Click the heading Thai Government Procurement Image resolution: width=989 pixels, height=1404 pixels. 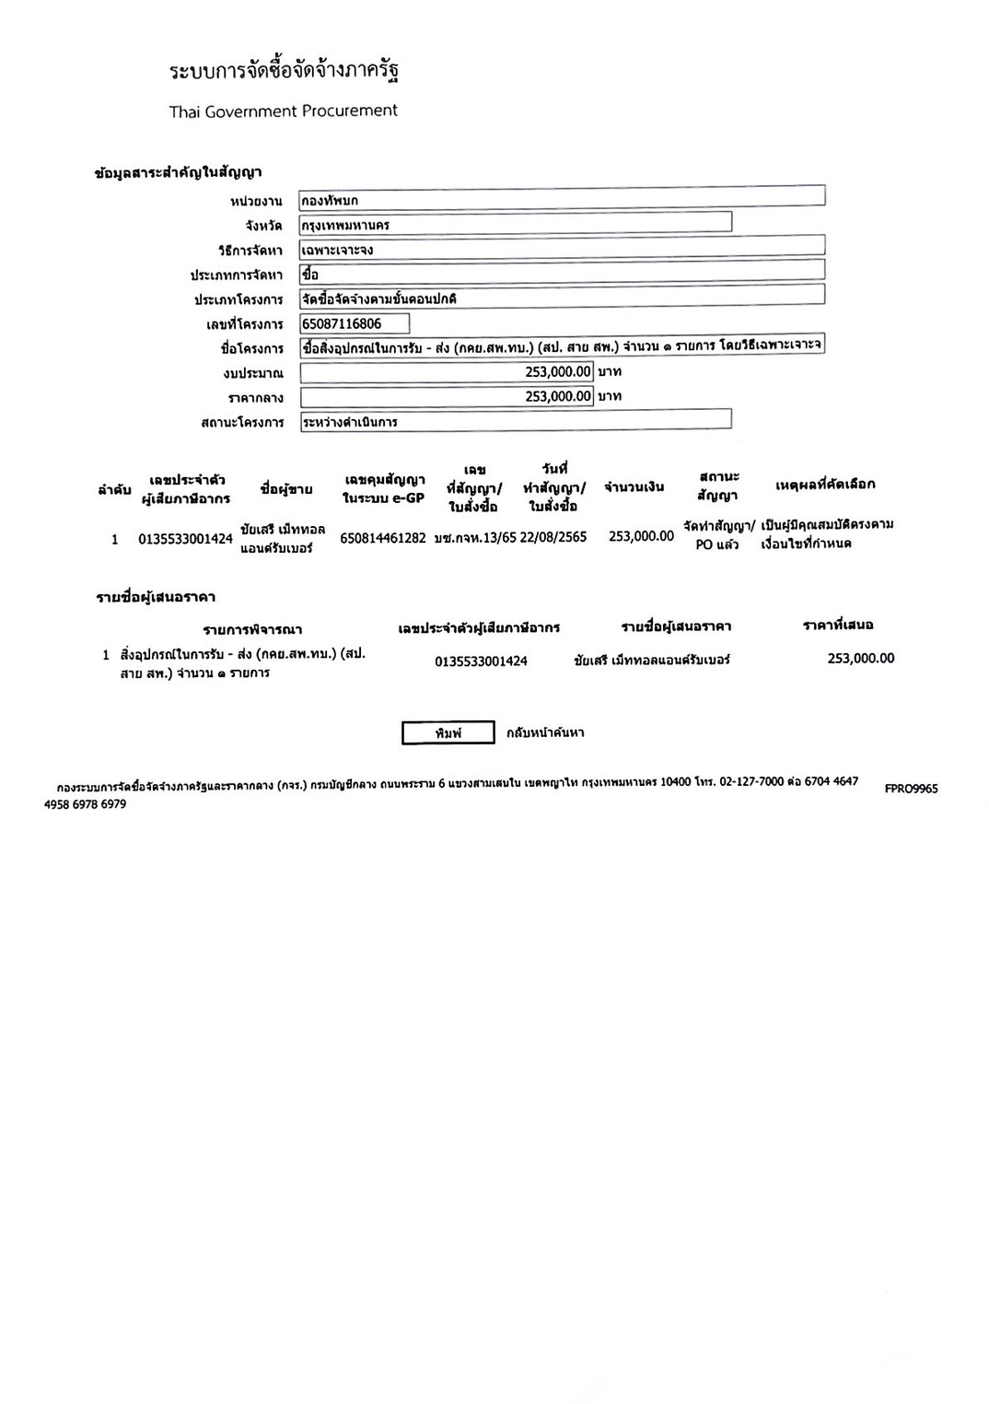[x=283, y=111]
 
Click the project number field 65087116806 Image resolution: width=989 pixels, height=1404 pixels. [x=355, y=323]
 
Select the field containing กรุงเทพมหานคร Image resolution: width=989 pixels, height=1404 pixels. [x=515, y=224]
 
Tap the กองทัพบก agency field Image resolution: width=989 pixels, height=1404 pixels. [x=561, y=199]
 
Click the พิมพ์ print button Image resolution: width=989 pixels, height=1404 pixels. [x=448, y=732]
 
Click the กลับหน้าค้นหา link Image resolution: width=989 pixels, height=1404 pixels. [x=545, y=732]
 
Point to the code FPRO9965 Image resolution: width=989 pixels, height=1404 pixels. [x=911, y=789]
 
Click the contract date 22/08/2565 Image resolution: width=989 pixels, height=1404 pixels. [x=553, y=537]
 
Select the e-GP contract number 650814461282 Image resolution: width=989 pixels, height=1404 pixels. [x=383, y=538]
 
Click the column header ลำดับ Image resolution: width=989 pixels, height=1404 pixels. [x=114, y=490]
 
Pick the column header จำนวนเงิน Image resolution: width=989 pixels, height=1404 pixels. [x=634, y=486]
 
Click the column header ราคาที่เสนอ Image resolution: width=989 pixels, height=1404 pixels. [x=838, y=625]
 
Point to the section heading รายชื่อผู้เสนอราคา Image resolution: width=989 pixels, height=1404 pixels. [x=156, y=597]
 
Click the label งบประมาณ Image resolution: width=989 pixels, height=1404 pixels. [x=253, y=373]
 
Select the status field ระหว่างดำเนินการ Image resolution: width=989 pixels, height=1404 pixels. [x=515, y=421]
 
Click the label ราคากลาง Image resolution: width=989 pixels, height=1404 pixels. [x=256, y=398]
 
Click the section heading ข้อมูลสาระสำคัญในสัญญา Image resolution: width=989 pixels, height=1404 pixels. [x=179, y=172]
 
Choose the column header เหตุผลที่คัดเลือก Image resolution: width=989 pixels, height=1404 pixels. [x=825, y=484]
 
